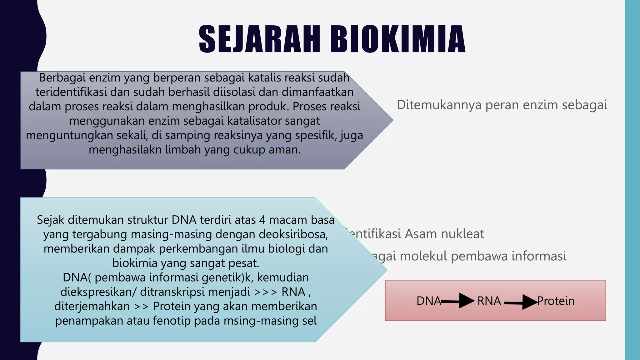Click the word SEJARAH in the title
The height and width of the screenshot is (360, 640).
pos(259,40)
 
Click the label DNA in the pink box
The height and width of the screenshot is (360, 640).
pos(428,301)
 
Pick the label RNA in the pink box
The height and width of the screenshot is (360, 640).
pos(489,301)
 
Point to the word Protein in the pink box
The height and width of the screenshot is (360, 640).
pos(556,301)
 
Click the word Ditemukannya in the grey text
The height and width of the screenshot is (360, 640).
pos(439,105)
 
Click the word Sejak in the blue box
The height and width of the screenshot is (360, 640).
pos(50,220)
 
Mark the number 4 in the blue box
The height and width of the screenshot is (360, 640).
pos(262,220)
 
